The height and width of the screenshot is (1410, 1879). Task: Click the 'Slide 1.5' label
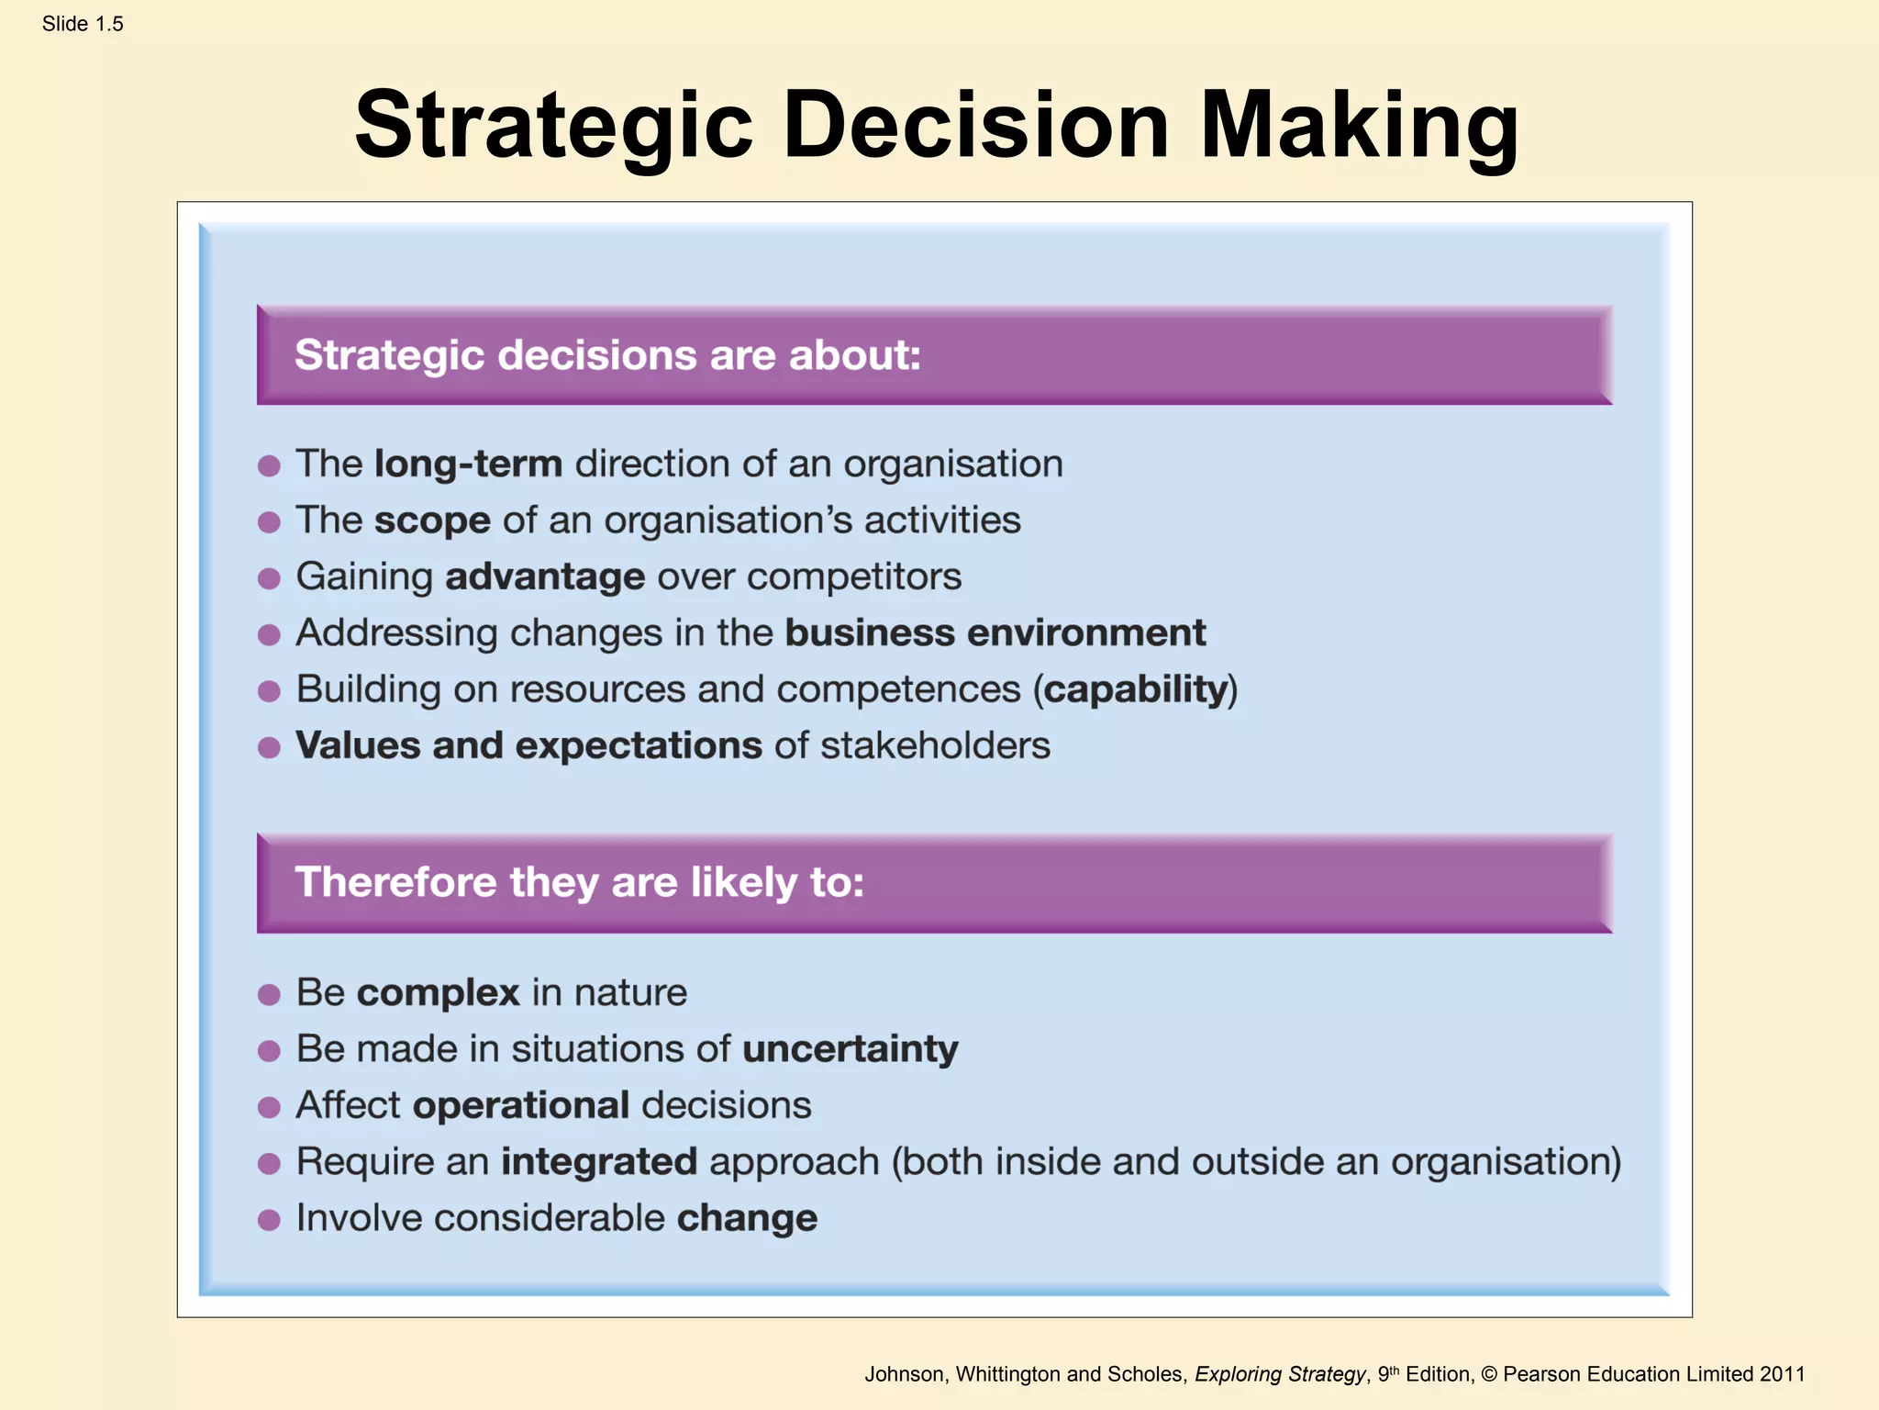click(x=83, y=25)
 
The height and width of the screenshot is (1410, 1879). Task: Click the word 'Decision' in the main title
click(x=976, y=126)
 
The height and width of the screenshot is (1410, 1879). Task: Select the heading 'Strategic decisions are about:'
click(x=607, y=355)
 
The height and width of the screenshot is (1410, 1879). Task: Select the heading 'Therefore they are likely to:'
click(x=579, y=882)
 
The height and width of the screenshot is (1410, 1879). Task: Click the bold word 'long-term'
click(x=468, y=464)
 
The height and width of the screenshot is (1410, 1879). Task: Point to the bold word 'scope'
click(x=432, y=520)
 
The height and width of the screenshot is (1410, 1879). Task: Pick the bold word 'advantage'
click(x=545, y=577)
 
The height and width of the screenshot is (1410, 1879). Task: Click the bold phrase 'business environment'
click(x=995, y=633)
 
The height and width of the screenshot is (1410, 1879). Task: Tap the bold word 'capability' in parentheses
click(x=1136, y=689)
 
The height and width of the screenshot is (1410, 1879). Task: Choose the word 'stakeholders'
click(x=935, y=745)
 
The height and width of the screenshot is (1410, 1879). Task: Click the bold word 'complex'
click(x=438, y=993)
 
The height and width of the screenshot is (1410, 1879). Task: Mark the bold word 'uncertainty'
click(x=850, y=1049)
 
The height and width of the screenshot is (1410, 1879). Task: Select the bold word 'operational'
click(x=520, y=1105)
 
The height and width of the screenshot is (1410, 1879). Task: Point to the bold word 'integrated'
click(x=598, y=1162)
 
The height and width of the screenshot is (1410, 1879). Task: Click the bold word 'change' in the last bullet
click(x=747, y=1218)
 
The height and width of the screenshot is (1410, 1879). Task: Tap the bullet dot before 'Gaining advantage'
click(x=269, y=578)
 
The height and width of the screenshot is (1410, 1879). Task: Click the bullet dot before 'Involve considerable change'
click(x=269, y=1220)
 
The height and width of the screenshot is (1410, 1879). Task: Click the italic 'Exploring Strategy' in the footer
click(x=1280, y=1374)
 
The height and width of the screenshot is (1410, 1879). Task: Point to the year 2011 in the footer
click(x=1782, y=1374)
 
